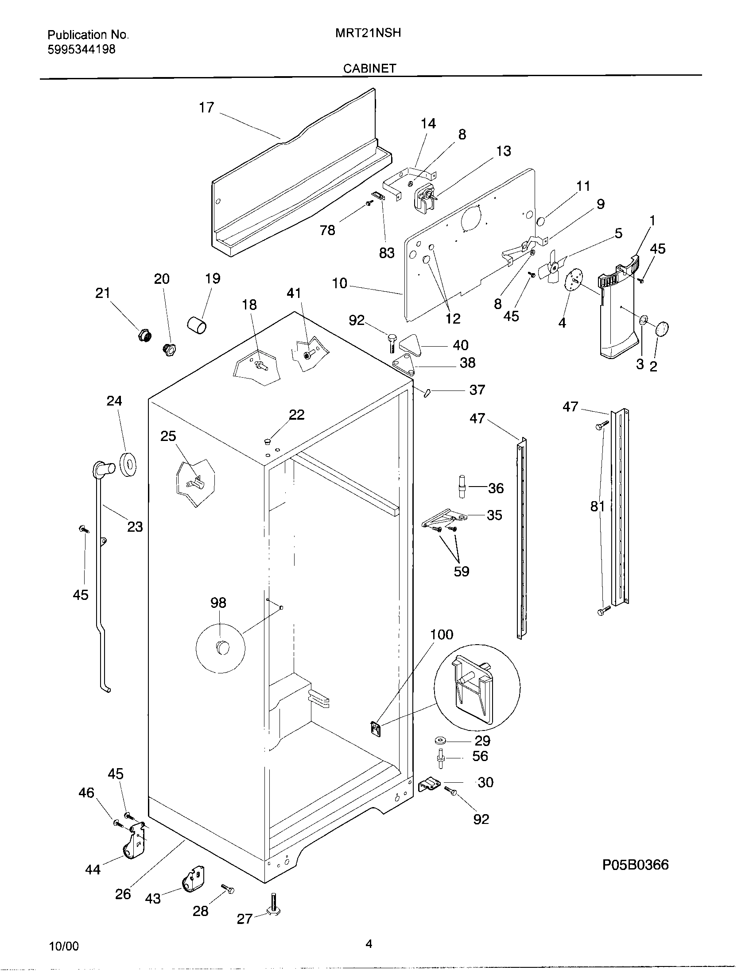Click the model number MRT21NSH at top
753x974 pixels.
pos(368,33)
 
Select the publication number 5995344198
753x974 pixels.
pos(81,50)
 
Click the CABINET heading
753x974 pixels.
pos(369,68)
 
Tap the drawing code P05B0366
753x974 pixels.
pos(635,865)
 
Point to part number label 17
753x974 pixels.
pos(206,108)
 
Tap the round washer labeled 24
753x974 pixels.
pos(128,464)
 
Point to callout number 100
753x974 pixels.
pos(442,634)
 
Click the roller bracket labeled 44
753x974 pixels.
pos(132,842)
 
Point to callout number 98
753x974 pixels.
pos(218,603)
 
